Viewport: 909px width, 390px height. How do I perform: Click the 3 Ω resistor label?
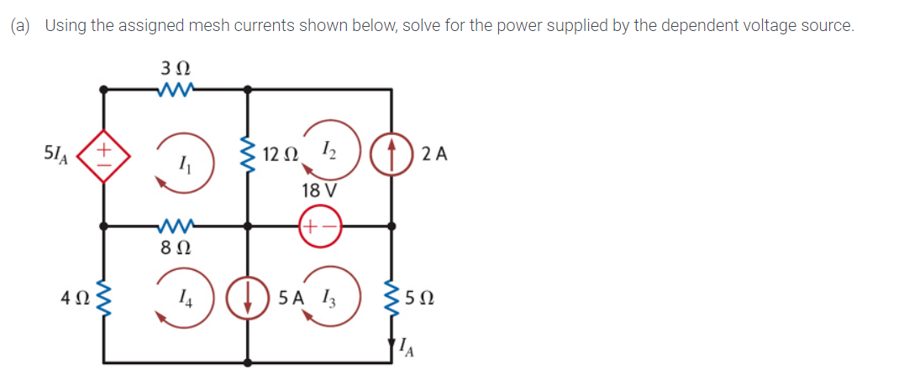(x=175, y=65)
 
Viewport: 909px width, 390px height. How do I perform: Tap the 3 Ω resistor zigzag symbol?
(x=175, y=87)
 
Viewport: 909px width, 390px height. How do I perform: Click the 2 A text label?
(x=435, y=154)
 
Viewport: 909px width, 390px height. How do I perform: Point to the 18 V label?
(x=319, y=190)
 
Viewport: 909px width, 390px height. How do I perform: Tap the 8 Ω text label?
(x=175, y=248)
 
